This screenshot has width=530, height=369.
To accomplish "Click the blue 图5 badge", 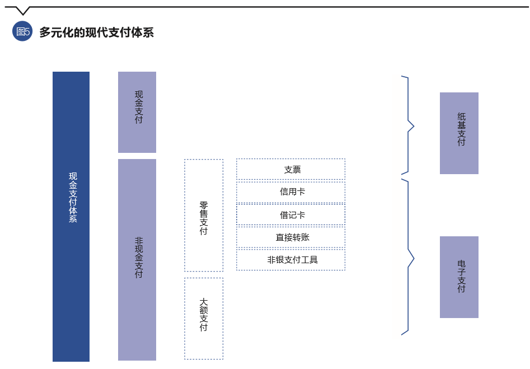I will (x=22, y=32).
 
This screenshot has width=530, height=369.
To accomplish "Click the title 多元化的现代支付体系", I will (x=96, y=32).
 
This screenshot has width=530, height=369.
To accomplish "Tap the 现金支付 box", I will (x=137, y=112).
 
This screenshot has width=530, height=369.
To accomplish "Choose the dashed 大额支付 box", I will (x=204, y=318).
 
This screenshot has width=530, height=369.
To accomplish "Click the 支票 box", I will (x=290, y=169).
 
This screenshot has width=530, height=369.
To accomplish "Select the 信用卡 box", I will (x=290, y=192).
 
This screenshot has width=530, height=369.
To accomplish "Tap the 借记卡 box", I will (x=290, y=214).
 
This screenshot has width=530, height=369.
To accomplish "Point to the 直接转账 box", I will (x=290, y=237).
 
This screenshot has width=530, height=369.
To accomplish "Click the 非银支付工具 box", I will (x=290, y=260).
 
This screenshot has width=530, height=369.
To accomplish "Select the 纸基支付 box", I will (x=459, y=133).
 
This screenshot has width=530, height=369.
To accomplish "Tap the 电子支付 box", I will (x=459, y=277).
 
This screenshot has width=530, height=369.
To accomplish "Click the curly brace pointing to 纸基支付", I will (x=409, y=125).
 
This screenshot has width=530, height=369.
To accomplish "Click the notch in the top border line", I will (x=22, y=11).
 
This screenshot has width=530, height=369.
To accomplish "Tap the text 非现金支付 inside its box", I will (x=139, y=257).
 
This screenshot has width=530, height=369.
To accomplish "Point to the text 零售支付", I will (x=204, y=218).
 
